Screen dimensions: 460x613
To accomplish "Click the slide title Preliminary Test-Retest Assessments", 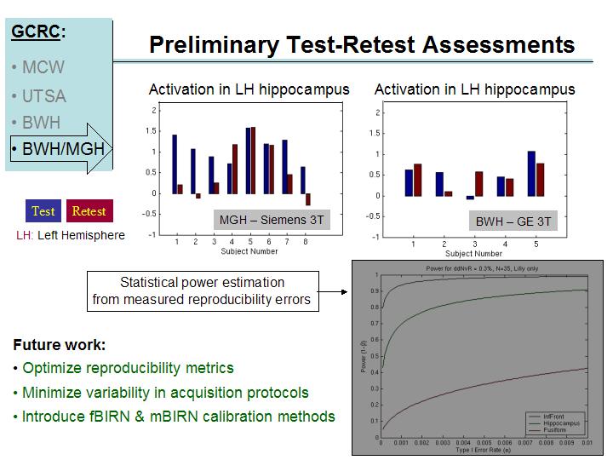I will coord(362,44).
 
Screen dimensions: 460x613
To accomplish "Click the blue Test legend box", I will coord(43,211).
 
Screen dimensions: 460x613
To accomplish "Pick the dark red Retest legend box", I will coord(89,211).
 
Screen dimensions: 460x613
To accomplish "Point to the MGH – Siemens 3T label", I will coord(271,221).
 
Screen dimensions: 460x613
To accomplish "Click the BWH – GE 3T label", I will coord(513,221).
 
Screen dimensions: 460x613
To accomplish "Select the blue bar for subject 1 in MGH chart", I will coord(175,164).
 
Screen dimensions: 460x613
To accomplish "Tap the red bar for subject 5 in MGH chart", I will coord(253,160).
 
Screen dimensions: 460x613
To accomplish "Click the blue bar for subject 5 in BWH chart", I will coord(531,174).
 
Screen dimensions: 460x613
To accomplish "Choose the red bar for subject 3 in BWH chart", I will coord(478,183).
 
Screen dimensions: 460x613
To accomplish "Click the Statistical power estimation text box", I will coord(203,290).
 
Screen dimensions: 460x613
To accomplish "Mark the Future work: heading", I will coord(60,346).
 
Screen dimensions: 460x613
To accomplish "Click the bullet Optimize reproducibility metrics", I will coord(128,369).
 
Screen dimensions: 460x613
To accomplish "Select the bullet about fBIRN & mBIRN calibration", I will coord(178,417).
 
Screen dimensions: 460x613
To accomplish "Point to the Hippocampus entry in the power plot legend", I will coord(563,422).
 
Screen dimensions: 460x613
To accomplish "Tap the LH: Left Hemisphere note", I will coord(71,235).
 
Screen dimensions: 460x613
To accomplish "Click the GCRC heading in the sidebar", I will coord(38,32).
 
